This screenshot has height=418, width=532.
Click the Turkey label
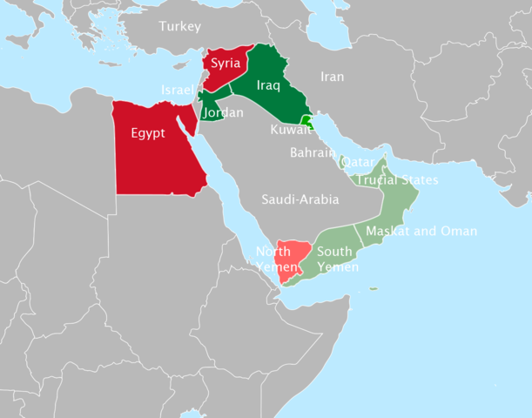point(180,27)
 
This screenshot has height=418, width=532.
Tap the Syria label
point(226,64)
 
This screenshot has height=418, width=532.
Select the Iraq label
point(268,85)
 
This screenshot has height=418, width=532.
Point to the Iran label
point(332,77)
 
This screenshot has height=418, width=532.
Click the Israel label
point(177,91)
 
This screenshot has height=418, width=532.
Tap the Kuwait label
point(291,130)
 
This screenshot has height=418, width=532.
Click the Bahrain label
point(313,152)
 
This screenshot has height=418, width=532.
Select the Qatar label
point(358,163)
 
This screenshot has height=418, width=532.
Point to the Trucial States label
point(398,180)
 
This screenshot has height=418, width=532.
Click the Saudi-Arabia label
point(300,199)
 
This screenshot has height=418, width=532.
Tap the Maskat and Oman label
point(421,231)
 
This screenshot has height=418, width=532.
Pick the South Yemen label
point(337,260)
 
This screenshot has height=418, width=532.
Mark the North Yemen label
point(273,260)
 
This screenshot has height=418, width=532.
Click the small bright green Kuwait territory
point(306,120)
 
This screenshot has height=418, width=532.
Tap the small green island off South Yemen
point(373,289)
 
